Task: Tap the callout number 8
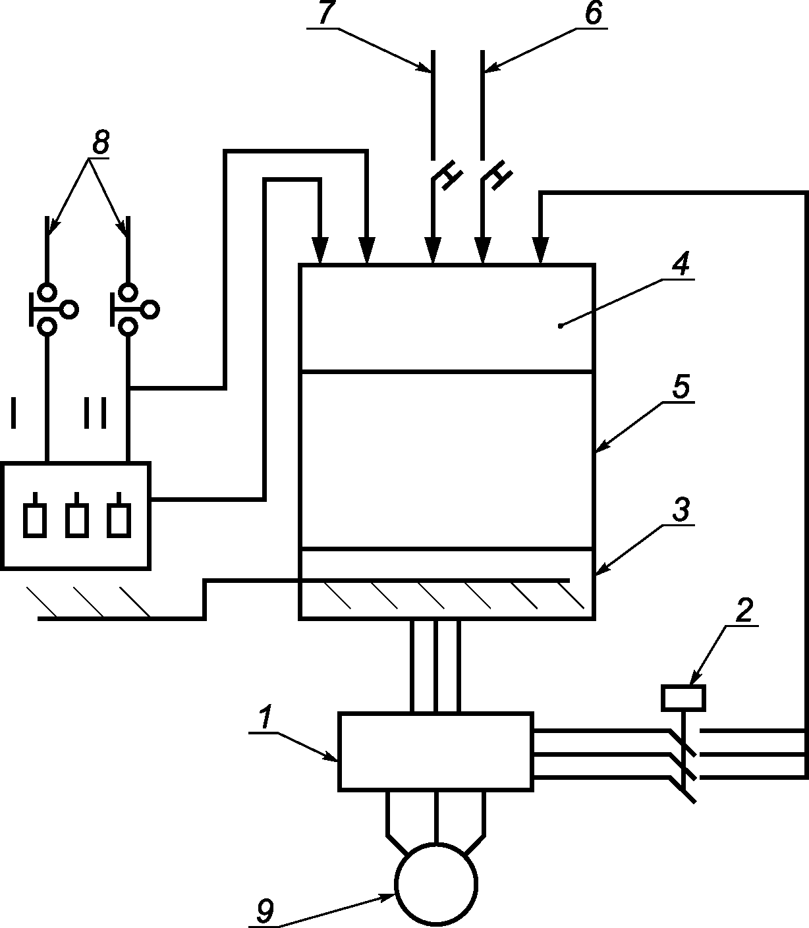(x=100, y=144)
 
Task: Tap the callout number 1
(x=264, y=717)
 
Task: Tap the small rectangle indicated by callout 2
(x=683, y=697)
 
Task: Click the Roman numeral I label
(x=13, y=414)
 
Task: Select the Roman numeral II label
(x=95, y=414)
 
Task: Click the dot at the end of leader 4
(x=560, y=325)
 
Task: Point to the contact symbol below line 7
(x=445, y=177)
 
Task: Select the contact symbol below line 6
(x=495, y=177)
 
